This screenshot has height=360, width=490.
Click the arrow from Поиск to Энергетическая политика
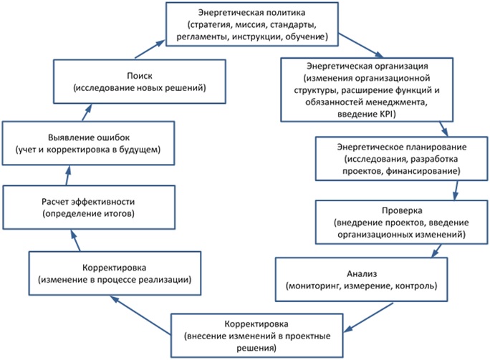(x=149, y=49)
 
